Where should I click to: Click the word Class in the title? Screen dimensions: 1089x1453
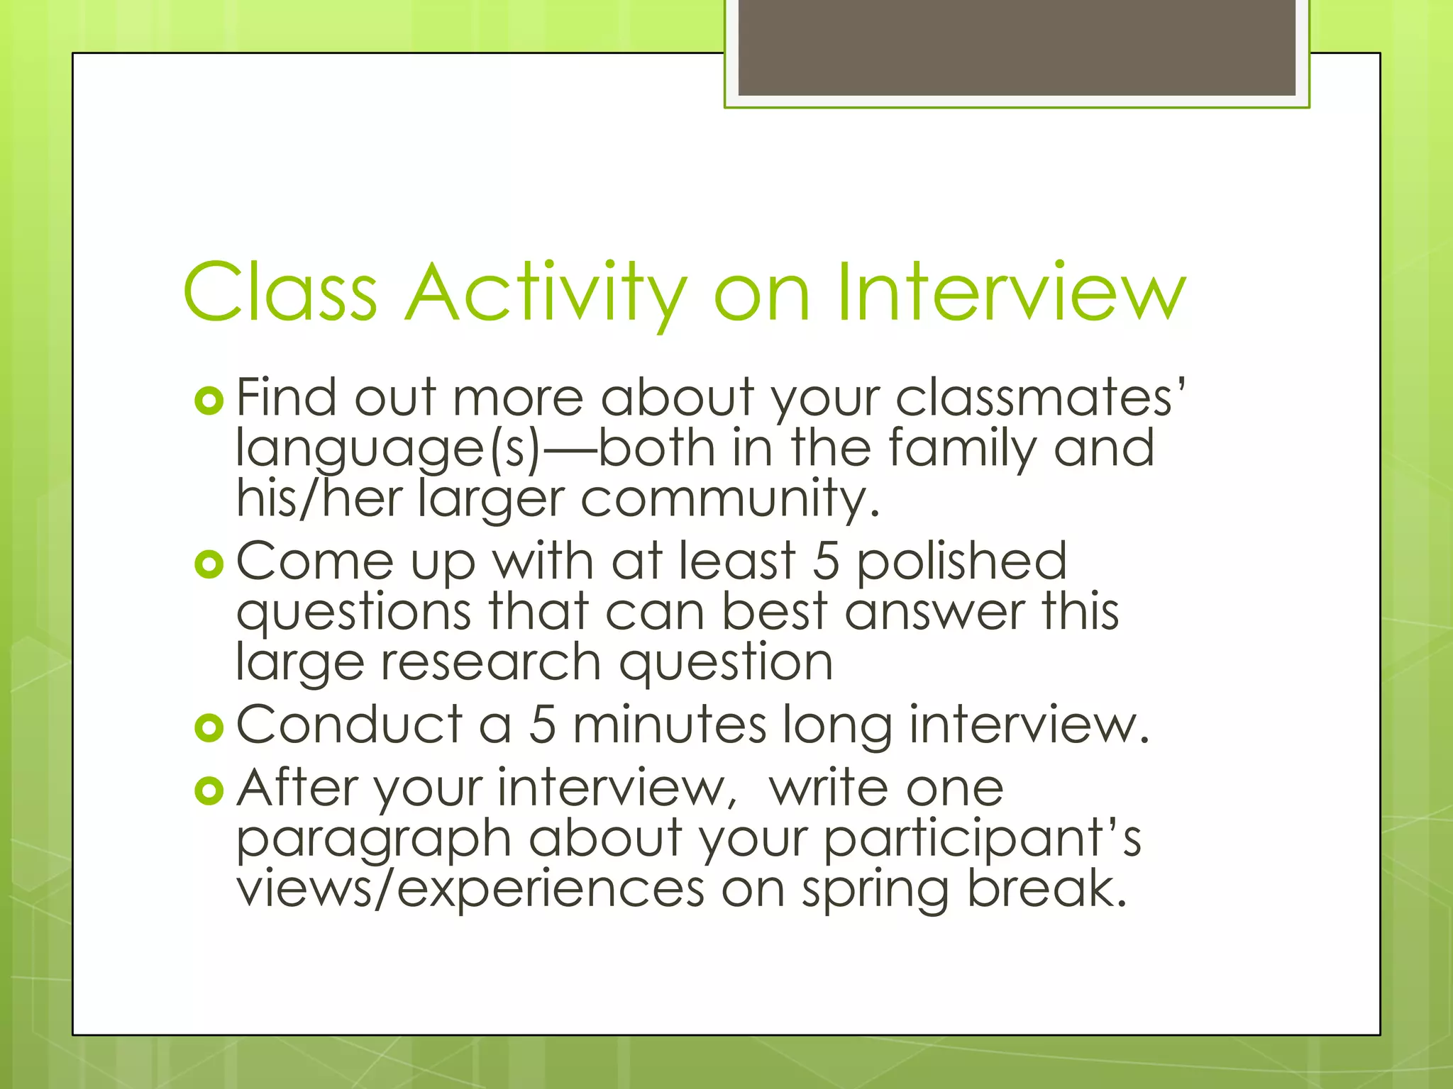click(280, 293)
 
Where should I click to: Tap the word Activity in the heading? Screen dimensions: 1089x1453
click(546, 293)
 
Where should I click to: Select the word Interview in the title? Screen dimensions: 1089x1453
click(1010, 293)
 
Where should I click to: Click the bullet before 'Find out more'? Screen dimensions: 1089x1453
click(209, 402)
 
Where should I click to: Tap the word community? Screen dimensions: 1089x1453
click(730, 499)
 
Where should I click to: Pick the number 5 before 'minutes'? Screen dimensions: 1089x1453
click(542, 725)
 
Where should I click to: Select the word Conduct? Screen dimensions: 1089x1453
click(349, 725)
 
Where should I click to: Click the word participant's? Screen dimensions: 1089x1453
click(983, 839)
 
